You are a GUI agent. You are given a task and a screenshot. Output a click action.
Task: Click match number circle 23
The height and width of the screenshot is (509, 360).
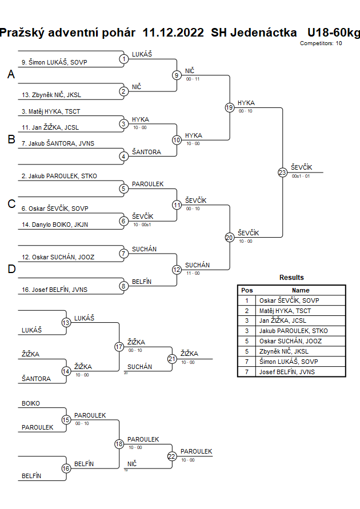(x=282, y=173)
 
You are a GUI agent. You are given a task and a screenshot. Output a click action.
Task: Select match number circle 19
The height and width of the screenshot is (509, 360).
(x=229, y=107)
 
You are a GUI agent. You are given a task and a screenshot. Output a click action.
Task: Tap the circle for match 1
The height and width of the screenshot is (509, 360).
(x=123, y=59)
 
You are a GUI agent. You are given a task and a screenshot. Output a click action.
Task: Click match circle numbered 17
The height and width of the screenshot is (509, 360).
(x=119, y=346)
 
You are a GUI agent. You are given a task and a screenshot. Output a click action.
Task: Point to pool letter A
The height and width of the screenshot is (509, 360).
(x=11, y=75)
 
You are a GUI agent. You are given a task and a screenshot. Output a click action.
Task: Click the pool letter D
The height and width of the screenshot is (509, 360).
(x=11, y=270)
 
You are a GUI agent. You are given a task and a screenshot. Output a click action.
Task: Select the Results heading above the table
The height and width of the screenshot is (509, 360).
(x=291, y=278)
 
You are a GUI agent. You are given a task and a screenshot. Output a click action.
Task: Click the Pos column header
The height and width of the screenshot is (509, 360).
(x=247, y=290)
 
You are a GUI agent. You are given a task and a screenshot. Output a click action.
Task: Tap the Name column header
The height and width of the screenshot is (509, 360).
(x=301, y=290)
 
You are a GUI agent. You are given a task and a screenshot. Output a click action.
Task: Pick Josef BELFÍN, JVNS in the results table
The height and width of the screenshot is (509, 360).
(x=286, y=372)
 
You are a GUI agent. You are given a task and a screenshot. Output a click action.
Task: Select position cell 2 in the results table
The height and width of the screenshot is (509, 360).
(x=247, y=311)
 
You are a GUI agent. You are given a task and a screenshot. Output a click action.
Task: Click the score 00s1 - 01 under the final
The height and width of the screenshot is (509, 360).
(x=301, y=177)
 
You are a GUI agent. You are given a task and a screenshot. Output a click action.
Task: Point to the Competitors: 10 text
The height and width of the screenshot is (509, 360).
(x=321, y=43)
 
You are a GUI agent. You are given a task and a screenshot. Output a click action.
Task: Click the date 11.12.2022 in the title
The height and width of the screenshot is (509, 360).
(x=173, y=33)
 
